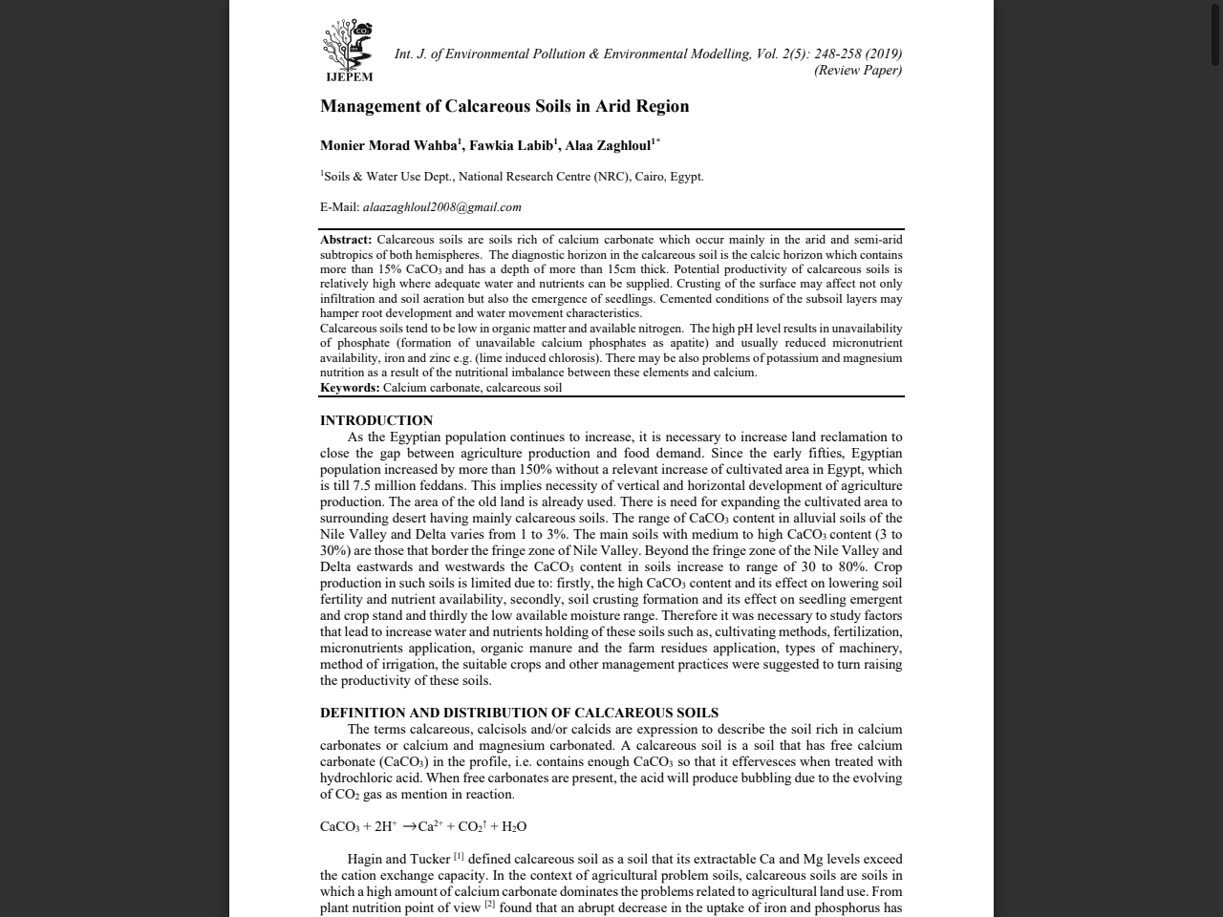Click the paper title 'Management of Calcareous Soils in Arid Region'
click(x=504, y=106)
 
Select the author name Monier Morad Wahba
click(x=388, y=146)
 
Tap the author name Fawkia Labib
click(x=510, y=146)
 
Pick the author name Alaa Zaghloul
click(x=608, y=146)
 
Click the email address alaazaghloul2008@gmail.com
click(x=441, y=207)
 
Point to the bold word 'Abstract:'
click(x=346, y=240)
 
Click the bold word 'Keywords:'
click(x=350, y=388)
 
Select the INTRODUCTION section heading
click(x=376, y=420)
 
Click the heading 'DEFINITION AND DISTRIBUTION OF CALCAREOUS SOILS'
click(x=519, y=713)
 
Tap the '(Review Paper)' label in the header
click(x=857, y=70)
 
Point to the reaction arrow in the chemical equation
click(x=409, y=827)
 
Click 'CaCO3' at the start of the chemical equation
click(x=339, y=827)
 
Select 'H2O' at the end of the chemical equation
click(x=514, y=827)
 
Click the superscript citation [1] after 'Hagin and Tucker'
click(x=459, y=856)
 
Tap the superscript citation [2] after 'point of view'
click(x=489, y=905)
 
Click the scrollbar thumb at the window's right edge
click(x=1215, y=33)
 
